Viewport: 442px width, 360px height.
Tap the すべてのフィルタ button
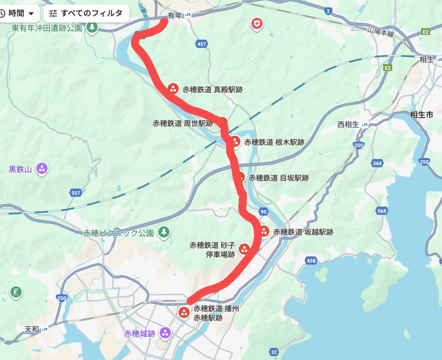[86, 13]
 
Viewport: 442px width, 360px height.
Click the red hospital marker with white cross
[257, 24]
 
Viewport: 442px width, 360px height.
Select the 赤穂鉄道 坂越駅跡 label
[303, 232]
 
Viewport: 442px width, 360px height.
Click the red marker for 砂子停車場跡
[244, 249]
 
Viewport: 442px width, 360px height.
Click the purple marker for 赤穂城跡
[165, 333]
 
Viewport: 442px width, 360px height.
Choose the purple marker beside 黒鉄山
[42, 168]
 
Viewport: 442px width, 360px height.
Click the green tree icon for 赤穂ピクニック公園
[164, 232]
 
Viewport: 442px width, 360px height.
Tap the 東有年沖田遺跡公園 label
[47, 28]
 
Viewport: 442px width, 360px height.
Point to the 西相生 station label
[348, 125]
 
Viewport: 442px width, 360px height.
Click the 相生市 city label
[421, 115]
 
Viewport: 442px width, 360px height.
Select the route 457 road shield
[202, 44]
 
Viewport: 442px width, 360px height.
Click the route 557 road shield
[76, 193]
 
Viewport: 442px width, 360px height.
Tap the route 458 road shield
[311, 260]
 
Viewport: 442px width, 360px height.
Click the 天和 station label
[32, 329]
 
